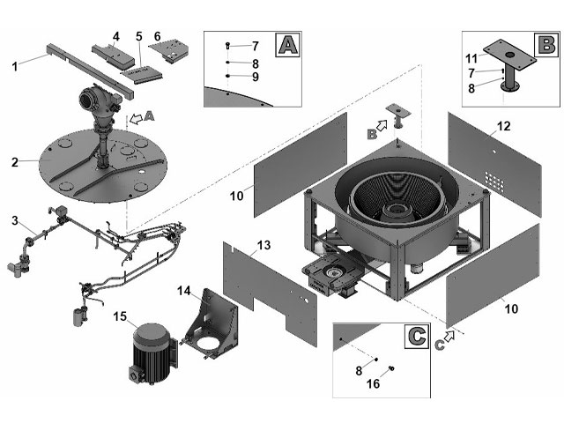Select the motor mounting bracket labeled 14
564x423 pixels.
click(211, 324)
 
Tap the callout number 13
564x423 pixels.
click(263, 245)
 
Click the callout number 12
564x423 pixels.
click(503, 126)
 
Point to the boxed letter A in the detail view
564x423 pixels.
click(288, 45)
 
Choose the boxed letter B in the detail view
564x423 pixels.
click(546, 45)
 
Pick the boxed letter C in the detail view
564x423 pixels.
click(417, 337)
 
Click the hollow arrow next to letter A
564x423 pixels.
click(136, 119)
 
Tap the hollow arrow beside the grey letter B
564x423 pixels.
click(382, 125)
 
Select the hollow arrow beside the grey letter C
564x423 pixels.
click(449, 336)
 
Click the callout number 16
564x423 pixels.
click(373, 384)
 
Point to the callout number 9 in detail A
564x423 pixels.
click(256, 77)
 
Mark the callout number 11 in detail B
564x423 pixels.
click(471, 58)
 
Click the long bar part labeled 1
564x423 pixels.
click(90, 71)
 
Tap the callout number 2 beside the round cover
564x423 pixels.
click(14, 162)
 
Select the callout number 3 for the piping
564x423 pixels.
click(14, 220)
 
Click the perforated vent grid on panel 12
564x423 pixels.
click(494, 181)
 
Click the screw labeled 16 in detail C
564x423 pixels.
click(391, 368)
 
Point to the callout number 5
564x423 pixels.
click(139, 36)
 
